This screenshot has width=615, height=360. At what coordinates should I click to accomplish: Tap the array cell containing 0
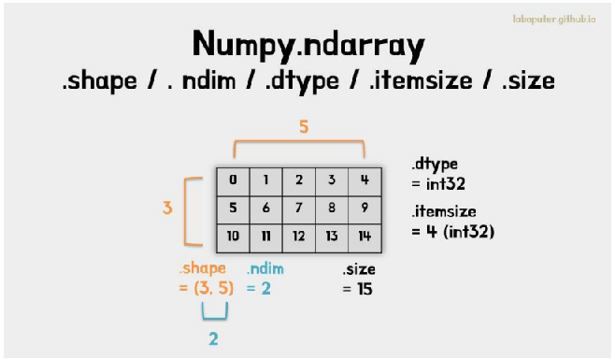233,181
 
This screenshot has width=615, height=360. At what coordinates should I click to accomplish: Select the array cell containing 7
299,209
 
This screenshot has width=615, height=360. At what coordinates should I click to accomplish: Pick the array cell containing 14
365,238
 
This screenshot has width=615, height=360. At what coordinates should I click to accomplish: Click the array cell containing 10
233,238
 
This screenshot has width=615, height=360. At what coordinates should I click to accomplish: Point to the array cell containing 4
365,181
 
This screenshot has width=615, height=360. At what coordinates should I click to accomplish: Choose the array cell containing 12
299,238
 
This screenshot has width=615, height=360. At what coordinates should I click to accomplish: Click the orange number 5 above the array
304,127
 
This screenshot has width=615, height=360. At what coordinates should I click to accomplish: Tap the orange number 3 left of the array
167,208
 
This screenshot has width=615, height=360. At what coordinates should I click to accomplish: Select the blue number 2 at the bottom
213,338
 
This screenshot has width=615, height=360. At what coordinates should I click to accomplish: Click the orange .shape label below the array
203,269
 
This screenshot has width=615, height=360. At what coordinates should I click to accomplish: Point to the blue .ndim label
265,269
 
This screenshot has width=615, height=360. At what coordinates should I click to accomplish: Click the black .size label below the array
359,269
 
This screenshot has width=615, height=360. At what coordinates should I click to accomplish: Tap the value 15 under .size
365,289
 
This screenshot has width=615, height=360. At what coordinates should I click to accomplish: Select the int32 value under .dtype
446,183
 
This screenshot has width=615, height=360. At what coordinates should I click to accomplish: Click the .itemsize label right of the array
444,211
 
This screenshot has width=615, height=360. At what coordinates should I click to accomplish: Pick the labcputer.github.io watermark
554,20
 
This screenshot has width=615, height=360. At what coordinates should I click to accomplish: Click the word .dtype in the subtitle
302,81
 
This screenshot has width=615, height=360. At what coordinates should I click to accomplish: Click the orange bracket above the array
299,141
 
